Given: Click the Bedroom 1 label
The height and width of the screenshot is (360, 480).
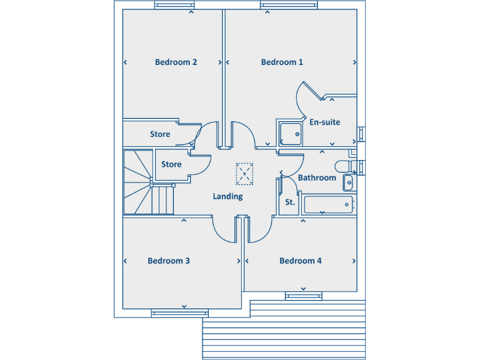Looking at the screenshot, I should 282,62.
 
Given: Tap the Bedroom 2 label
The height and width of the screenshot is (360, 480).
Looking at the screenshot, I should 176,62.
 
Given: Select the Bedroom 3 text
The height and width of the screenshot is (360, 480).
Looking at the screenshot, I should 169,261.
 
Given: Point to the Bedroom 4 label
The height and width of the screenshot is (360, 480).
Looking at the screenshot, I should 301,261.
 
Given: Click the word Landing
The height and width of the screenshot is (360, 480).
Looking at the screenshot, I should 227,196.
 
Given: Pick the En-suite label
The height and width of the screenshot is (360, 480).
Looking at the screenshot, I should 325,122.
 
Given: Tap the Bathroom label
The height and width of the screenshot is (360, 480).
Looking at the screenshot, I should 317,177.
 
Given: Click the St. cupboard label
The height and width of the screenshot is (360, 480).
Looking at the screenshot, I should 290,202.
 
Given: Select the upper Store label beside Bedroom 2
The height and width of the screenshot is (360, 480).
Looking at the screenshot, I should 160,134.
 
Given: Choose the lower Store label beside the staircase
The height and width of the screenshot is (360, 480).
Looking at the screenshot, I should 171,164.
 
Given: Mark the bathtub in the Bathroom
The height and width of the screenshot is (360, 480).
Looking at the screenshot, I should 328,204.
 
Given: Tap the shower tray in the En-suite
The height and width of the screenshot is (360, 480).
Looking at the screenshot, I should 290,133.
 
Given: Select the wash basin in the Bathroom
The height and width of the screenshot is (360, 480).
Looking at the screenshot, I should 349,182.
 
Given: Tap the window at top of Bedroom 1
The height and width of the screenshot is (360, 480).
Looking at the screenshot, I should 281,6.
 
